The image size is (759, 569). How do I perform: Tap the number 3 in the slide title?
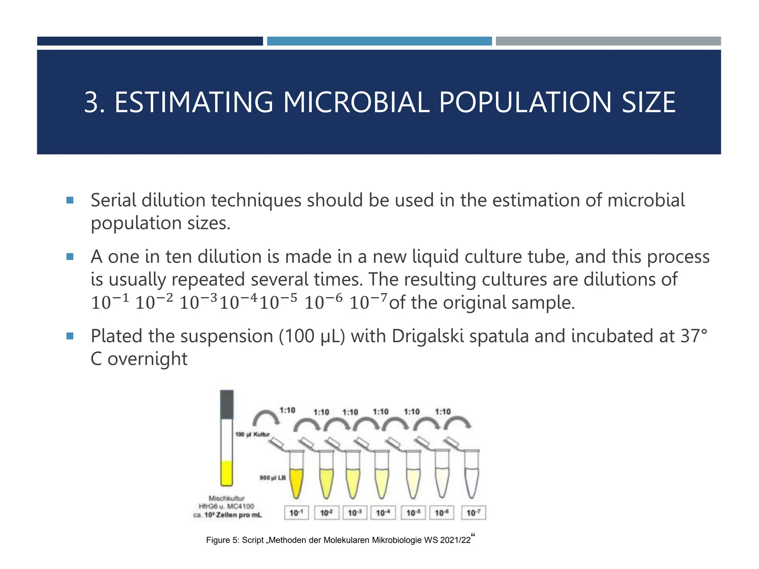(92, 102)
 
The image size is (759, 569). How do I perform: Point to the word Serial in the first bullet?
(112, 200)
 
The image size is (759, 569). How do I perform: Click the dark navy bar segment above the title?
(150, 41)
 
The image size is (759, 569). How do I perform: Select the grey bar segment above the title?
(608, 41)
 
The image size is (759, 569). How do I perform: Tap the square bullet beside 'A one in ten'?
(70, 256)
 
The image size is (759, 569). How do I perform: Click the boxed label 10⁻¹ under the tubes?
(296, 513)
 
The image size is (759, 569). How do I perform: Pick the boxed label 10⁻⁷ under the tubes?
(473, 513)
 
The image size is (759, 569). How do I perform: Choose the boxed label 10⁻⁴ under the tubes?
(383, 513)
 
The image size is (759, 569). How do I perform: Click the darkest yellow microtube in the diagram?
(296, 482)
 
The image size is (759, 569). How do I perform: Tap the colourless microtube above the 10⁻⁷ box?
(471, 478)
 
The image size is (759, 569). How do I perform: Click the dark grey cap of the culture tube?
(227, 405)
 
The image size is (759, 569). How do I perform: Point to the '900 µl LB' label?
(272, 478)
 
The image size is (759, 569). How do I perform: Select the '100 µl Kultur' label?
(252, 434)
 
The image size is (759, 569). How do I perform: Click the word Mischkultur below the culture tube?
(226, 498)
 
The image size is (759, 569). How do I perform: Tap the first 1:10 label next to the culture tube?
(287, 410)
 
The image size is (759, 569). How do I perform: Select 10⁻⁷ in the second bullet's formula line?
(368, 302)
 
